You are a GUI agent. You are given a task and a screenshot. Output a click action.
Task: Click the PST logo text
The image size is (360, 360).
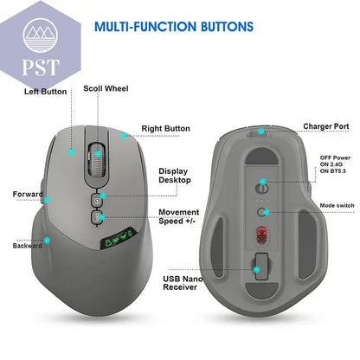(41, 67)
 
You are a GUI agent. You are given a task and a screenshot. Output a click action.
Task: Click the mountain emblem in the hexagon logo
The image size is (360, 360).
(40, 35)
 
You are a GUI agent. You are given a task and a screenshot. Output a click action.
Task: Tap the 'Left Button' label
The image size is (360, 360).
(45, 92)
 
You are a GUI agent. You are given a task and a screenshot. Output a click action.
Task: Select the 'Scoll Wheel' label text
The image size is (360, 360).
(106, 88)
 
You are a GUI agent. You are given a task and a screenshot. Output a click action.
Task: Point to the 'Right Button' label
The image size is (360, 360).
(165, 128)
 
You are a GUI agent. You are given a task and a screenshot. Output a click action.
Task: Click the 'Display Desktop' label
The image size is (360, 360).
(175, 176)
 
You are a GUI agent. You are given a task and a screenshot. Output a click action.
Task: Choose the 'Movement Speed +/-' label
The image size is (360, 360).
(178, 216)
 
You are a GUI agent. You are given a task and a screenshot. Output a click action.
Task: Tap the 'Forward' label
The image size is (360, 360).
(28, 194)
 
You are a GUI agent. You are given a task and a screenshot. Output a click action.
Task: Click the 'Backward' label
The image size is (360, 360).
(27, 246)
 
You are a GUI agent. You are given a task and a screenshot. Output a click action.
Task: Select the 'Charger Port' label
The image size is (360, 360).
(326, 126)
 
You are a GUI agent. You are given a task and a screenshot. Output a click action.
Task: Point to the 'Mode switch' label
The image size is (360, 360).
(337, 205)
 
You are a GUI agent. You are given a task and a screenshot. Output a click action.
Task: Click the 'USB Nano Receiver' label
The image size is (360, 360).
(183, 283)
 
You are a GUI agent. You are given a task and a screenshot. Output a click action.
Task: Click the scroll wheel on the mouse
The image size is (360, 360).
(97, 158)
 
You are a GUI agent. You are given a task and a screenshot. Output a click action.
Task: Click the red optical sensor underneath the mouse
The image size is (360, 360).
(262, 235)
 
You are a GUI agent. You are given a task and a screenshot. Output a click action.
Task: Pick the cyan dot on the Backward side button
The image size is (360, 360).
(47, 240)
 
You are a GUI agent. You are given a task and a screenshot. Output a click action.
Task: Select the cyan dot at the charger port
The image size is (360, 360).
(261, 132)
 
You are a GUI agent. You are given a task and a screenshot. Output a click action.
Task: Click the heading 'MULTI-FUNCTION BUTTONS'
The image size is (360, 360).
(174, 27)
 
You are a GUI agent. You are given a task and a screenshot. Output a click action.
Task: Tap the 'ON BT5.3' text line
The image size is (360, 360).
(333, 171)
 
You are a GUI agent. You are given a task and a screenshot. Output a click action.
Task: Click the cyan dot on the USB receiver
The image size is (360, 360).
(256, 270)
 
